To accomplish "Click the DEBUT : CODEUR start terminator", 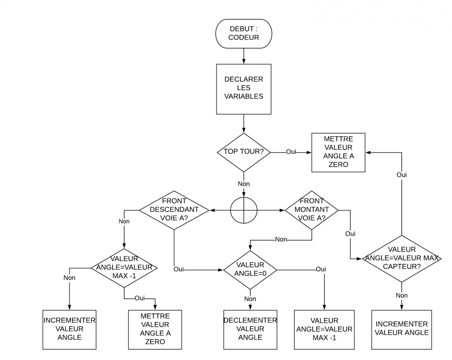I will point(244,33).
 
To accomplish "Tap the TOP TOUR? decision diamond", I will point(244,152).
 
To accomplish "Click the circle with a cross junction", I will point(244,210).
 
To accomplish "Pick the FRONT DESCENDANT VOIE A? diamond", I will point(174,210).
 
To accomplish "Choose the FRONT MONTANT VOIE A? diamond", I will point(311,210).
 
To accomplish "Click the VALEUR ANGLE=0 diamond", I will point(250,270).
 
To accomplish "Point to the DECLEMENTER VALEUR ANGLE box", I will point(250,329).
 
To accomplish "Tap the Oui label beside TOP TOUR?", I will point(291,152).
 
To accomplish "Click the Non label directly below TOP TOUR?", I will point(244,184).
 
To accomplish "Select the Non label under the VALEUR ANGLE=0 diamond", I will point(250,299).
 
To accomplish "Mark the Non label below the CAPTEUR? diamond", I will point(401,295).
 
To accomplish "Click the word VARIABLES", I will point(244,96).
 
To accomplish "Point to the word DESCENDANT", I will point(174,210).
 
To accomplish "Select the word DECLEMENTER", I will point(250,320).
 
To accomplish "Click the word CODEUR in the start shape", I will point(244,37).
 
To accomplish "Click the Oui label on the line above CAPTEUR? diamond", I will point(401,174).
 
